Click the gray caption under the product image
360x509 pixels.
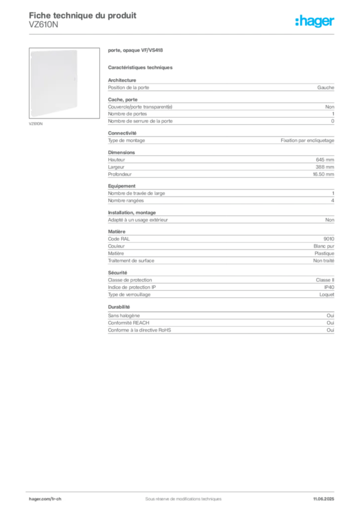coord(36,123)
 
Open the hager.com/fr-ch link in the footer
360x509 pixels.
coord(45,498)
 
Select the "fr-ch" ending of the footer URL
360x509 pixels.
coord(55,498)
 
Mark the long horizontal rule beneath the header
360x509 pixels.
coord(183,33)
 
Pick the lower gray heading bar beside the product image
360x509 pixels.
coord(141,67)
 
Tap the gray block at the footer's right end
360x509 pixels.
coord(326,496)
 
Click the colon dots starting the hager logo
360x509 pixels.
coord(295,22)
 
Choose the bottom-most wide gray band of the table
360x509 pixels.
coord(220,329)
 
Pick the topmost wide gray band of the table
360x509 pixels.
coord(220,88)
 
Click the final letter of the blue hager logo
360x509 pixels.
coord(334,22)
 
